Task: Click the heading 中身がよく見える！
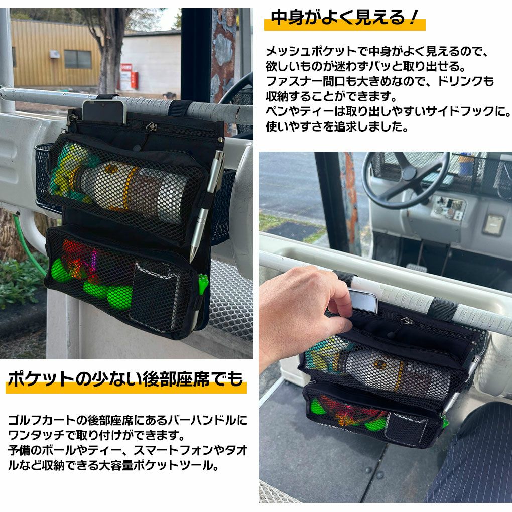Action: tap(344, 18)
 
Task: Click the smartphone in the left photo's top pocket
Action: tap(104, 111)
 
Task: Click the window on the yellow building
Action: tap(78, 59)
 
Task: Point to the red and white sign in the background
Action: tap(126, 77)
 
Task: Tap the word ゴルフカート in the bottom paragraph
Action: tap(40, 420)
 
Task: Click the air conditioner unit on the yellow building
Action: tap(55, 54)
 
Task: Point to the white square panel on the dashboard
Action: tap(493, 224)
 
